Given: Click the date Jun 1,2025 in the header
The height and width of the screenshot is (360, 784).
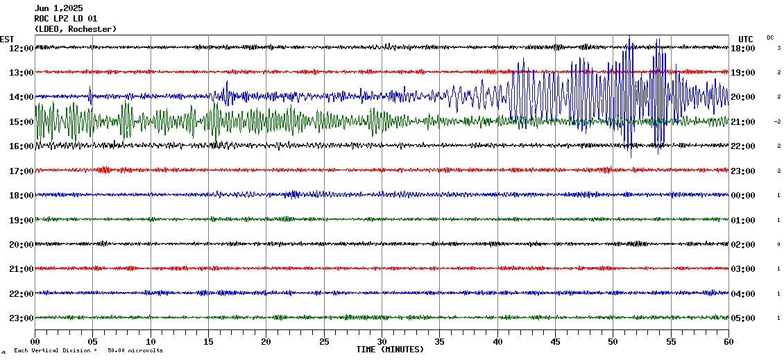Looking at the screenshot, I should click(58, 8).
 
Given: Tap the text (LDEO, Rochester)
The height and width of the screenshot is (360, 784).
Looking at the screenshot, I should click(76, 29).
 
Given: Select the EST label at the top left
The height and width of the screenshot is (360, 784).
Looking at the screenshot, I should click(7, 39).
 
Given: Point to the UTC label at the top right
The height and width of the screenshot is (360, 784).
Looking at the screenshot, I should click(746, 39).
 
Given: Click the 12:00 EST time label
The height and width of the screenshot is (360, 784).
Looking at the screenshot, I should click(21, 48).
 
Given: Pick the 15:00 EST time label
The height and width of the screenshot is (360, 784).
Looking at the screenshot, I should click(21, 122).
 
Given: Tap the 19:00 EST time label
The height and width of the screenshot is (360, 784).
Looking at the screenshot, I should click(21, 221).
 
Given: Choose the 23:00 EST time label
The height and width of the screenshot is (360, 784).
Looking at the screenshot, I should click(21, 318).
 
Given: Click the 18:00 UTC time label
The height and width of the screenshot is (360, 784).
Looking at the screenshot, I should click(743, 49).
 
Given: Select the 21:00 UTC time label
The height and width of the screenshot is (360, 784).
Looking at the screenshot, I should click(743, 122).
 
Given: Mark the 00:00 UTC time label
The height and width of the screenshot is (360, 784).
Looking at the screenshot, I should click(743, 196).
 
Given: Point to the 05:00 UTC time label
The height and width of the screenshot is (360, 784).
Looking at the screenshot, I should click(743, 318).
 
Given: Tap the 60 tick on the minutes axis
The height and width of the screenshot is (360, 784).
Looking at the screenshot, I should click(728, 342).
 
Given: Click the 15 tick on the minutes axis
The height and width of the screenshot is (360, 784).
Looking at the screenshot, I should click(209, 342).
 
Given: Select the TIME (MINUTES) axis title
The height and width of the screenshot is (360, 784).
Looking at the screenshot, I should click(390, 350).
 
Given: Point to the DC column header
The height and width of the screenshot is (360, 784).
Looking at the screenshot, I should click(771, 37).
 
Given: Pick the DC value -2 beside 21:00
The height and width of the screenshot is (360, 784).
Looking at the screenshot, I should click(778, 122).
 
